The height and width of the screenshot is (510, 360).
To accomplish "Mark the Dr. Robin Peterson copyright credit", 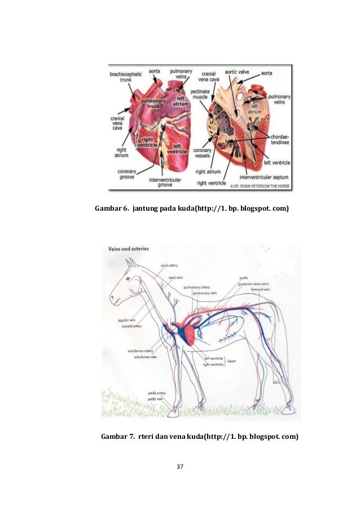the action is [260, 184].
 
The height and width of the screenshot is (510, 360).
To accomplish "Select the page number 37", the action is [180, 467].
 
